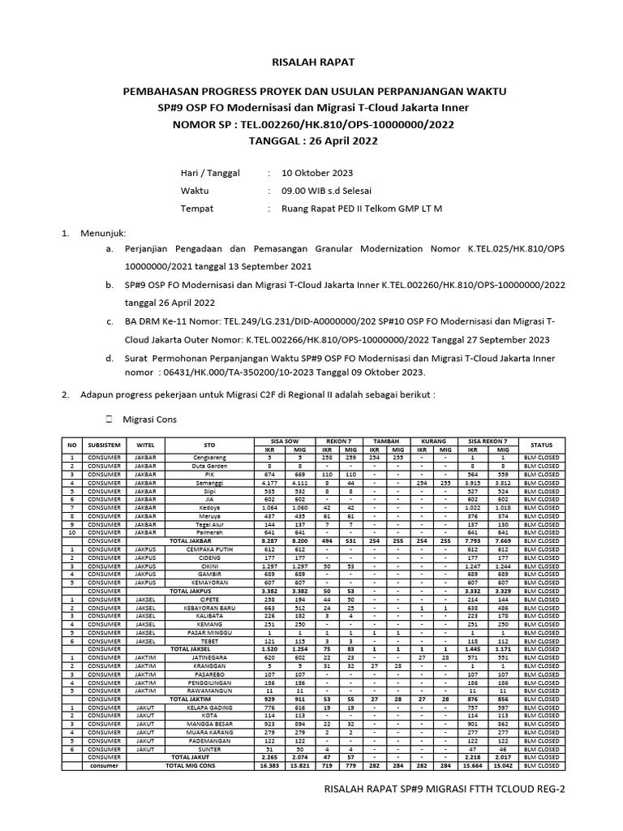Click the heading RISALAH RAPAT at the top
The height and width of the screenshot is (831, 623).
click(311, 62)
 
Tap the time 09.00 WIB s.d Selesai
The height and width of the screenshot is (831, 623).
click(326, 191)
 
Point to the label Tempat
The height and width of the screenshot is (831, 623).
click(196, 209)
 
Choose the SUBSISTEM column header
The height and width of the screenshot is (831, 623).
click(105, 445)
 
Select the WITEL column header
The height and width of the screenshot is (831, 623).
click(145, 445)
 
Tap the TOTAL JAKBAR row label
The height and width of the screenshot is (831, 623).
click(189, 540)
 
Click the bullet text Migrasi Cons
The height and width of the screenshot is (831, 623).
click(149, 420)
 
